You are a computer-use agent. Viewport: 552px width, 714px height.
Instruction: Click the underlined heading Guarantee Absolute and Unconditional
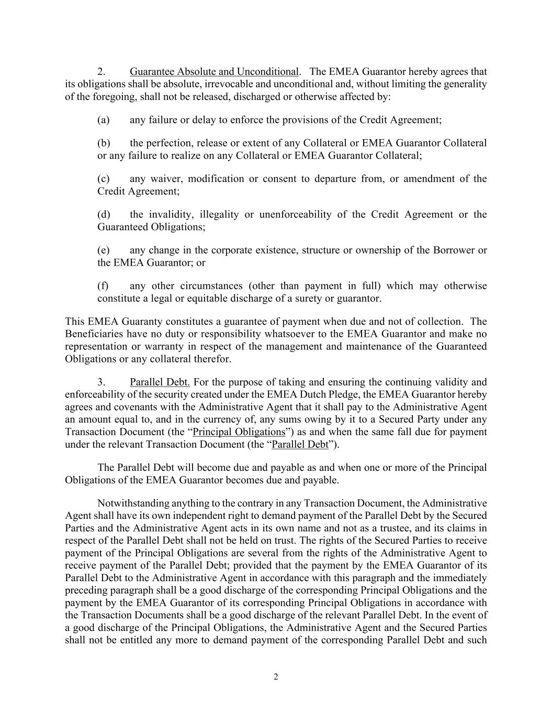(x=214, y=72)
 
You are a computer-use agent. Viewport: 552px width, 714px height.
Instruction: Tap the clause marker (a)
(x=103, y=120)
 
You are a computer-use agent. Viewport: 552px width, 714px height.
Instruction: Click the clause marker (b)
(x=103, y=143)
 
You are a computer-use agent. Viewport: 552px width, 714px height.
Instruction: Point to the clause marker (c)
(x=103, y=179)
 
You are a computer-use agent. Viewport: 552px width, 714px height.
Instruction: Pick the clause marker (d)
(x=103, y=214)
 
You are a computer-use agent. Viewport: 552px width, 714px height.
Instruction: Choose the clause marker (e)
(x=103, y=250)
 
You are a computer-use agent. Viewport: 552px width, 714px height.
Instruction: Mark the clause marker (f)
(x=103, y=286)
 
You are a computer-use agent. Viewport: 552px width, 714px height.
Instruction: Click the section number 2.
(x=102, y=72)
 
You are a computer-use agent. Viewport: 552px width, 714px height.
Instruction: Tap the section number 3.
(x=102, y=382)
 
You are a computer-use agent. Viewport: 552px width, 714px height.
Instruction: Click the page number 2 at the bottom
(x=276, y=677)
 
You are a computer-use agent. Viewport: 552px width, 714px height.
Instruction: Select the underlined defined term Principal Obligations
(x=239, y=432)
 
